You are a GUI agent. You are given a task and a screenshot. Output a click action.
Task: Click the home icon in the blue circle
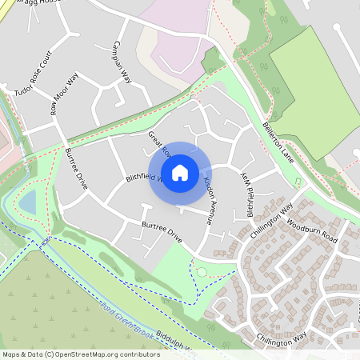(x=180, y=172)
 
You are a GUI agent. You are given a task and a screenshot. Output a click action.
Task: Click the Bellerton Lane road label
(x=280, y=142)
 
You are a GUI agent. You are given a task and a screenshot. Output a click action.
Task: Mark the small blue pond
(x=29, y=202)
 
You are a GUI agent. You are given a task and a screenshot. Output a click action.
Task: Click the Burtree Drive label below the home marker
(x=162, y=233)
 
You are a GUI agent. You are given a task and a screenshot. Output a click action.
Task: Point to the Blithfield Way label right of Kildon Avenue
(x=250, y=193)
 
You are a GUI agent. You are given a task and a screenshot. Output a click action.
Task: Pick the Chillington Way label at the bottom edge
(x=278, y=338)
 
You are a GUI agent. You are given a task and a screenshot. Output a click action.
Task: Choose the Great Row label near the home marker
(x=159, y=143)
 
